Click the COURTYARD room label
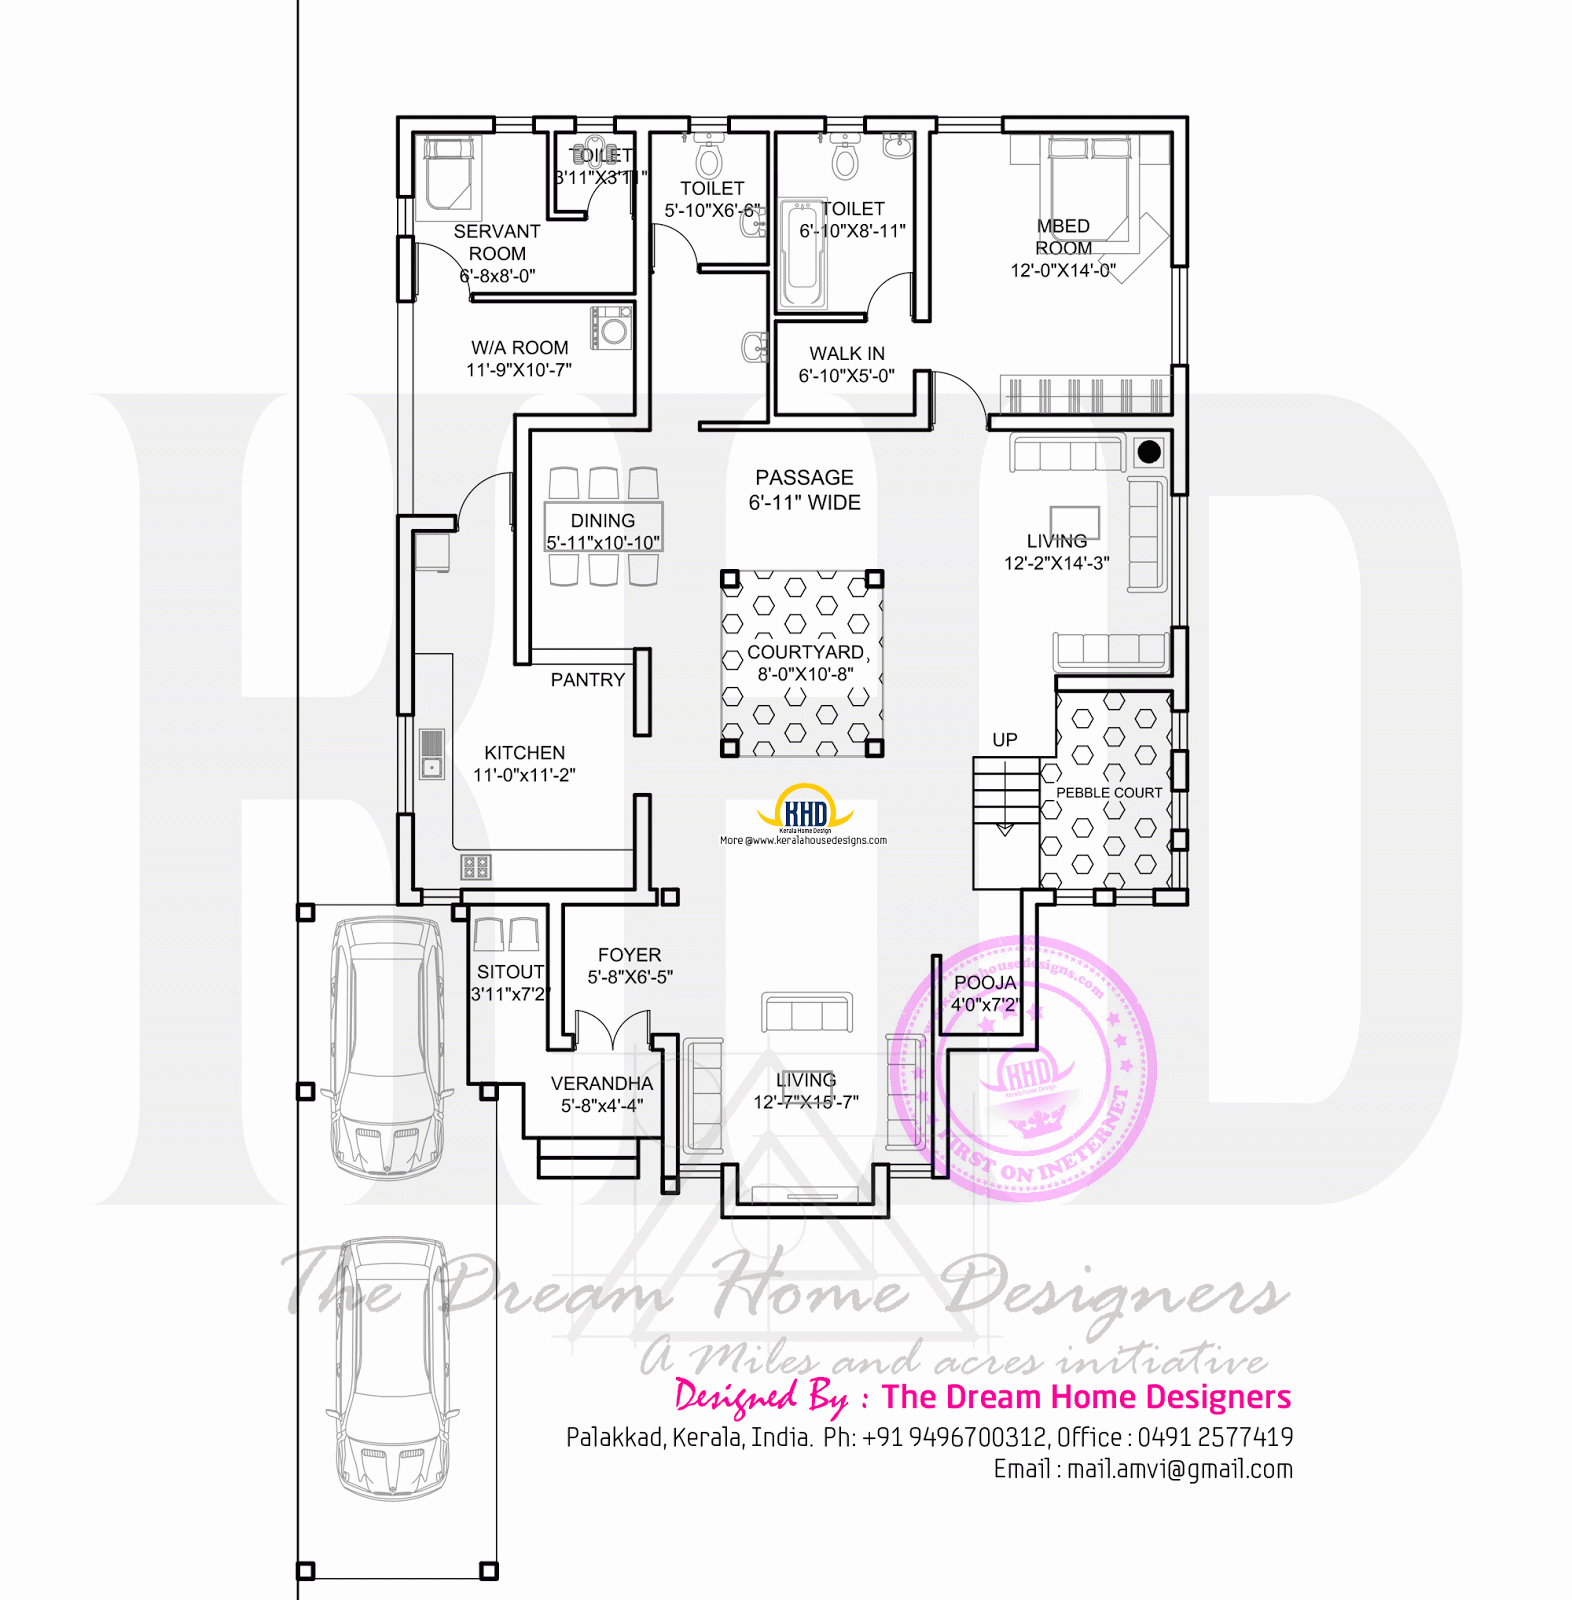(x=805, y=653)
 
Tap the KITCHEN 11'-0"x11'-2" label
(x=524, y=763)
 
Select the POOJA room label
(x=985, y=983)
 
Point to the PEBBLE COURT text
(x=1109, y=792)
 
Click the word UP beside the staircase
(x=1005, y=740)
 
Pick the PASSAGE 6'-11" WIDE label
(x=805, y=490)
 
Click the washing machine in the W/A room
(x=611, y=327)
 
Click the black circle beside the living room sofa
(x=1149, y=452)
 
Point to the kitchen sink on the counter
(x=431, y=756)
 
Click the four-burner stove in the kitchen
(x=476, y=866)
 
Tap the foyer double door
(x=613, y=1031)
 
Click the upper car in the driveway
(x=387, y=1045)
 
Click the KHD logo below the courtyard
(x=805, y=812)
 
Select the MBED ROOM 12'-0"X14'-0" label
(x=1063, y=248)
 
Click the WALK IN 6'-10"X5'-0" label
(x=846, y=364)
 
